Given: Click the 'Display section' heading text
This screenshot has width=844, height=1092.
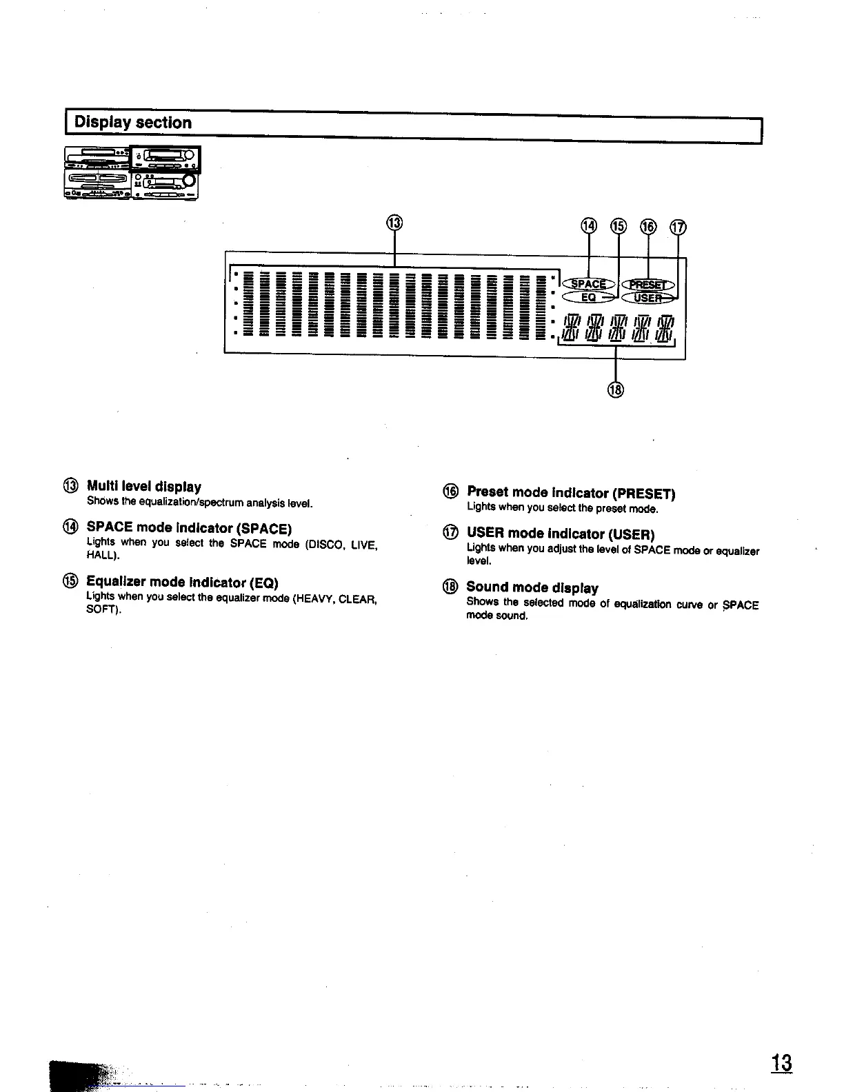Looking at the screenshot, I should coord(132,123).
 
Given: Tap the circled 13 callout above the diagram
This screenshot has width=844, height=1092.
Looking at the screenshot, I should coord(394,223).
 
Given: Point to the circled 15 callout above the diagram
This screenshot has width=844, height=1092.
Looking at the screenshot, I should coord(619,226).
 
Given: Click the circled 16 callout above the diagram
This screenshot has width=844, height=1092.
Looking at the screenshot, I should coord(649,226).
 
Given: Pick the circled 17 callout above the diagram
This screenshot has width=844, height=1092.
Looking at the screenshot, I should coord(679,227).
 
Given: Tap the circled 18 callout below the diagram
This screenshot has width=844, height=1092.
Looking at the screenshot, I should coord(615,390).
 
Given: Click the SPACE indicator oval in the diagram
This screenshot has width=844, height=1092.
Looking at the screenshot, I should coord(588,284).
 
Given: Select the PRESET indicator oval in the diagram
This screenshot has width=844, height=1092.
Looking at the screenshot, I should coord(648,285).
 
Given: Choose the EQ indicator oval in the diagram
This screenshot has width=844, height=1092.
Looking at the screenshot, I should coord(588,297).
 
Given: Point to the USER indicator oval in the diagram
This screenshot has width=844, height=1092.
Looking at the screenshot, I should coord(648,297).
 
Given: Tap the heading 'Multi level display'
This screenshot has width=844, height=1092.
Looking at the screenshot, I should coord(144,487).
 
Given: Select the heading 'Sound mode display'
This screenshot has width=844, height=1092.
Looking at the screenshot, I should coord(532,587).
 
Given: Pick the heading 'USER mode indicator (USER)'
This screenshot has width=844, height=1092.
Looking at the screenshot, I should coord(560,534).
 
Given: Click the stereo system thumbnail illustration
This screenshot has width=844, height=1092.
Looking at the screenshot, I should coord(131,173).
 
